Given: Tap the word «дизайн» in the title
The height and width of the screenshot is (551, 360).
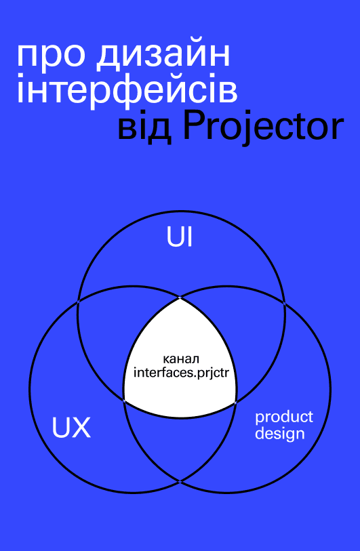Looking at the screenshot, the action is (163, 54).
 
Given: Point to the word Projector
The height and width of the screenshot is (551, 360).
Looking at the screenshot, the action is (264, 128).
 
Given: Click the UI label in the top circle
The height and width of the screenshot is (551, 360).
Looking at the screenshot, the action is (180, 238).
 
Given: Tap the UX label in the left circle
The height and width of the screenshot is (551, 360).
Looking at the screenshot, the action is (71, 427).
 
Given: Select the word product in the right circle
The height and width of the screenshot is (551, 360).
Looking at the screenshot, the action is (283, 417).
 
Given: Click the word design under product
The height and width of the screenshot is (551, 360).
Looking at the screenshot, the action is (280, 433).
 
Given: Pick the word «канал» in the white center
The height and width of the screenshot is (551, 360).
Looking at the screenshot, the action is (181, 359).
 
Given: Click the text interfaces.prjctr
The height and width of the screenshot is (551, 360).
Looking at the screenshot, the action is (181, 373).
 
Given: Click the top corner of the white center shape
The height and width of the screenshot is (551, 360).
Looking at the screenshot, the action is (180, 298).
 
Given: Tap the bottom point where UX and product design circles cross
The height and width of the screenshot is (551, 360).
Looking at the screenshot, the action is (180, 481).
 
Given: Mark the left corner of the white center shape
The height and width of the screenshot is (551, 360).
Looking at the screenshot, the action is (124, 401).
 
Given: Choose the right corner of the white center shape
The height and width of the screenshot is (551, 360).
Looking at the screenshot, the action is (236, 401).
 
